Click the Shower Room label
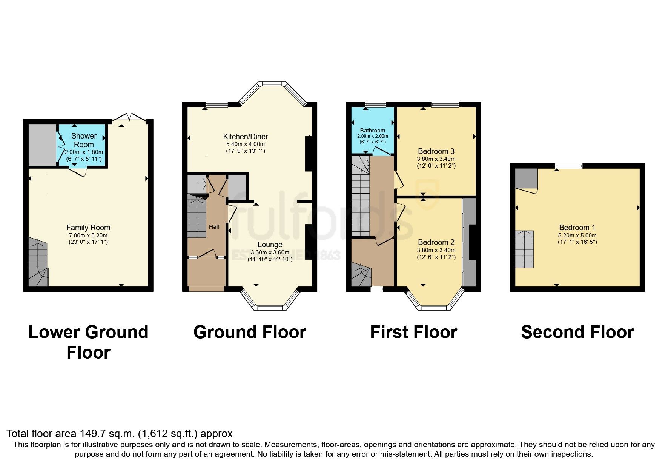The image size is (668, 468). click(84, 140)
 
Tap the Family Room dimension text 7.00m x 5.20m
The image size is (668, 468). click(88, 235)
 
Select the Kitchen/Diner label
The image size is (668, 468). click(246, 137)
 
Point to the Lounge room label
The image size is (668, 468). click(270, 245)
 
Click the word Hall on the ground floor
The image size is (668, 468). click(214, 227)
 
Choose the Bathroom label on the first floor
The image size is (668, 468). click(372, 130)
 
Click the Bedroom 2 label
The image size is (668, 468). click(436, 242)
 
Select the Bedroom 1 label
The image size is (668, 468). click(577, 228)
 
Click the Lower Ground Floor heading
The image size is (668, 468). click(88, 342)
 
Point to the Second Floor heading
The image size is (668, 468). click(577, 332)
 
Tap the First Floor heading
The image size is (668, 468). click(413, 332)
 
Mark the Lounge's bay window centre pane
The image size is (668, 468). click(270, 308)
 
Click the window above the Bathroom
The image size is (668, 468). click(375, 105)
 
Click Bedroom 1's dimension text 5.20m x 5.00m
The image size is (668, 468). click(577, 235)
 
